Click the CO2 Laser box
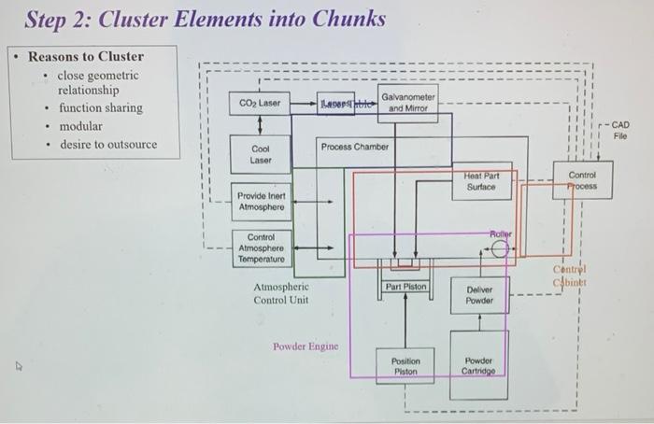pos(259,104)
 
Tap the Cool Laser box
pos(261,154)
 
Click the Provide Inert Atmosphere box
pos(261,200)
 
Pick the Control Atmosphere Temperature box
pos(261,248)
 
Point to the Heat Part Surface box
pos(482,181)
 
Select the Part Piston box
pos(405,287)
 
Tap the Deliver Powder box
pos(479,295)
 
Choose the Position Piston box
pos(405,365)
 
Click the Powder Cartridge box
pos(479,365)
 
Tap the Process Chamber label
pos(355,147)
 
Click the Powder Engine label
pos(304,346)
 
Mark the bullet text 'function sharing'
pos(101,108)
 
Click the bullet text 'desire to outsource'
pos(108,145)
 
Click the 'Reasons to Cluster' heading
pos(86,56)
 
